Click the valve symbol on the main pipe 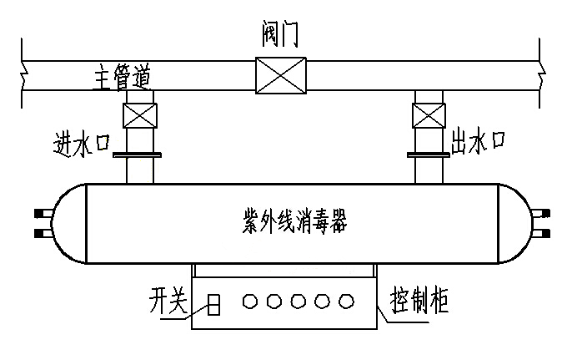point(281,74)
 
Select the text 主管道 point(121,79)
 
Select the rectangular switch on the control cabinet point(214,305)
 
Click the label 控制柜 point(419,301)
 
